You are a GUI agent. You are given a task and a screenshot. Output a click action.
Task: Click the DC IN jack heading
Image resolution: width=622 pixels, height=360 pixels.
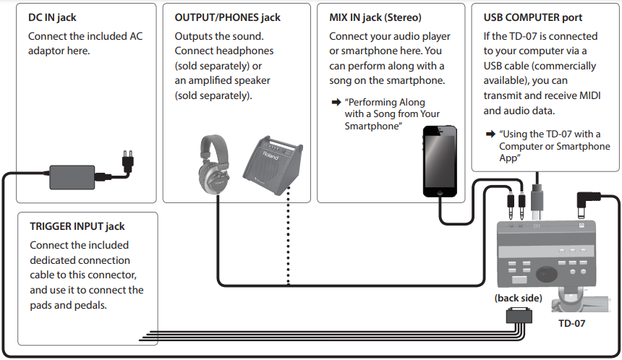click(52, 17)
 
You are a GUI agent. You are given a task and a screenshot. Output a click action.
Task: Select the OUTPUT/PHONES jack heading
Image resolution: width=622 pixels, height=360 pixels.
click(227, 17)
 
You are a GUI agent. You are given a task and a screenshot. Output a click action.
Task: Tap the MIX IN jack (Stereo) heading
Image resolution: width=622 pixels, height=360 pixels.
click(375, 17)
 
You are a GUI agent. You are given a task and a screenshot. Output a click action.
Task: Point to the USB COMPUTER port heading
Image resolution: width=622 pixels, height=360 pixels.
click(533, 17)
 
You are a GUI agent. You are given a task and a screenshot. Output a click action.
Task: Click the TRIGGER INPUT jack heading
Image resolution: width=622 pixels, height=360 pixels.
click(77, 226)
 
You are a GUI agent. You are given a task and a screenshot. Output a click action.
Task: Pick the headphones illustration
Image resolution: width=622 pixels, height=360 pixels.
click(214, 165)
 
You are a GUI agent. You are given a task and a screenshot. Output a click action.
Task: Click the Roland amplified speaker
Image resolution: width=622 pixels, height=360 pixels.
click(273, 166)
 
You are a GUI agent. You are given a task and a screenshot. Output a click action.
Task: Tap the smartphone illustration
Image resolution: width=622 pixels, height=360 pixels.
click(440, 161)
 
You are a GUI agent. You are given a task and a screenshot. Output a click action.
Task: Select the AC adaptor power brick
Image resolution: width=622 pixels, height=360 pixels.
click(72, 177)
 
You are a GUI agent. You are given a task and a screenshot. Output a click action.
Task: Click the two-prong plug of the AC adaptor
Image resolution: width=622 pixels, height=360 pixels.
click(128, 161)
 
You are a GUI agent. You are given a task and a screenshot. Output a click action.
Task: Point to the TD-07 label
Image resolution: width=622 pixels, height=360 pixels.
click(571, 324)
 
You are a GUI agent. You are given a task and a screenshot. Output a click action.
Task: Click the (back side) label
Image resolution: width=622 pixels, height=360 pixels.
click(518, 298)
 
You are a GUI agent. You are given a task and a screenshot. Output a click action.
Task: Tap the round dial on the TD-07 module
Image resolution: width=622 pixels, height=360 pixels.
click(547, 273)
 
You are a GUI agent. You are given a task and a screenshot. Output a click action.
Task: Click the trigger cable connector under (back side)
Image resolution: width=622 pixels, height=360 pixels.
click(519, 316)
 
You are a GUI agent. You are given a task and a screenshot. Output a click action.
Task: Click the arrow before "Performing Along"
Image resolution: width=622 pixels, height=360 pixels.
click(336, 103)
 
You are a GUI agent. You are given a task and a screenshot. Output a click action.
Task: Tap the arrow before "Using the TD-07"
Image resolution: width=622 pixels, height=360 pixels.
click(490, 134)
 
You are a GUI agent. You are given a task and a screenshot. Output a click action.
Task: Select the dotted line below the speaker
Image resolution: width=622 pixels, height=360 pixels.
click(289, 235)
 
